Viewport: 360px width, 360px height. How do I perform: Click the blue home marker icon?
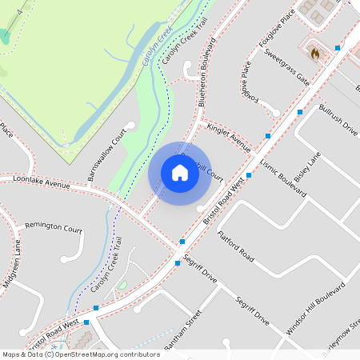(x=180, y=172)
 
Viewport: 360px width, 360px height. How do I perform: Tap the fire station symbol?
(x=314, y=54)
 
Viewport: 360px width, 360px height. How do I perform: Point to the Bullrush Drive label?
(x=337, y=118)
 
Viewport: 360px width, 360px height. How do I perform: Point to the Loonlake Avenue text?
(x=42, y=183)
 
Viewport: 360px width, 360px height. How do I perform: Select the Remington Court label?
(x=54, y=227)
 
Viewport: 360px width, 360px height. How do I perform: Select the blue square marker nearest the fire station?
(x=337, y=48)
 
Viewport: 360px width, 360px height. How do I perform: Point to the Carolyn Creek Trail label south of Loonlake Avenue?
(x=106, y=264)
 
